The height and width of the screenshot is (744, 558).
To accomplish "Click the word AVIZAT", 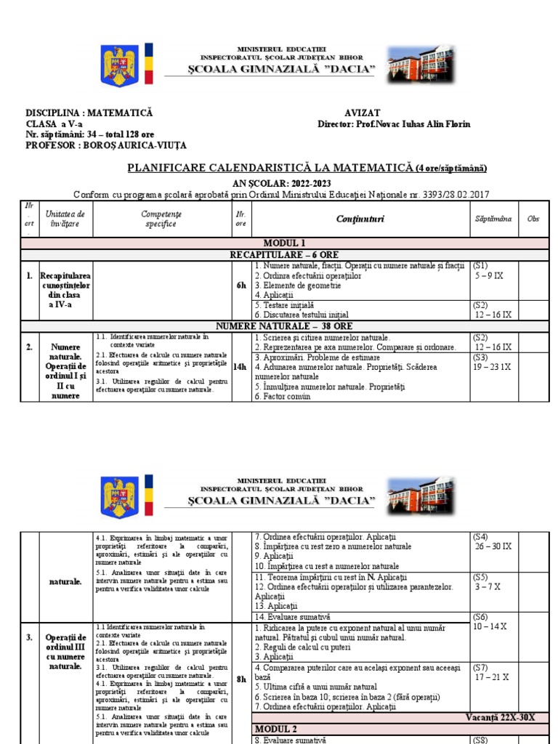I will (x=362, y=113).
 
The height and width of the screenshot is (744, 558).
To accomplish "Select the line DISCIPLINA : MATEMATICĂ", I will (x=89, y=113).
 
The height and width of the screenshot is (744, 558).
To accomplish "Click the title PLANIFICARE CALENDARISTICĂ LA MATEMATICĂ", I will (x=270, y=168).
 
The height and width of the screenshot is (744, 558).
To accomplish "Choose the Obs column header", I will (x=533, y=219).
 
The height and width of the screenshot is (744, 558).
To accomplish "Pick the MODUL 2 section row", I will (x=278, y=728).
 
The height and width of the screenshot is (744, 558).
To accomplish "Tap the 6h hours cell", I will (x=241, y=286).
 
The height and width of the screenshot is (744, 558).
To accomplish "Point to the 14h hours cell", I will (x=240, y=367).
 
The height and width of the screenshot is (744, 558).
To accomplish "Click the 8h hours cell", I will (x=241, y=679).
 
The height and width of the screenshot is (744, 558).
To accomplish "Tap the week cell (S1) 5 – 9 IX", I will (x=492, y=271).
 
